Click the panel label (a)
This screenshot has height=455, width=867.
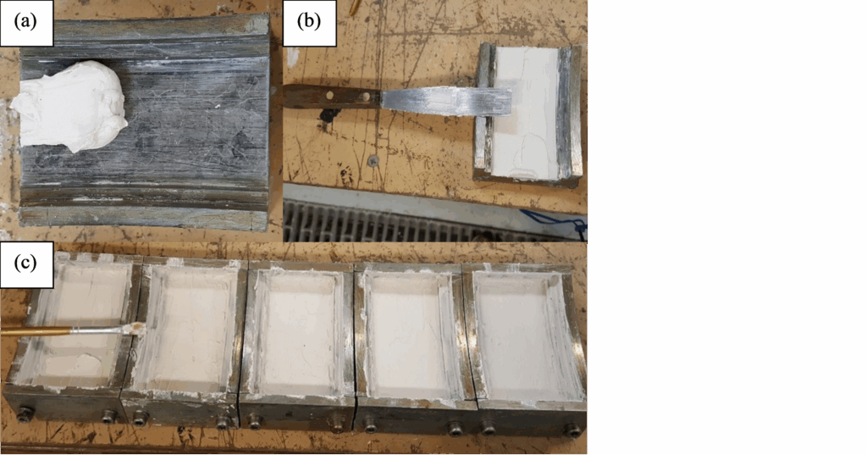point(26,22)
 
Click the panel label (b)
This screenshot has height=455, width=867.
point(308,22)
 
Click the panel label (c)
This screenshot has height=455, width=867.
point(26,264)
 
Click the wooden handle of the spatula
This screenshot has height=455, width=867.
point(332,97)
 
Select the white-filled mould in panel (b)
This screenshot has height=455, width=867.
point(528,113)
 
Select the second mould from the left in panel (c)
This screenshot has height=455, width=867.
point(185,341)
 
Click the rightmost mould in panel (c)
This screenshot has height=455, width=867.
point(525,346)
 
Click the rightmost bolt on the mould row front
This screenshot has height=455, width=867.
point(575,430)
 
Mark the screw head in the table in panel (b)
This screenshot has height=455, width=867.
point(373,160)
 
